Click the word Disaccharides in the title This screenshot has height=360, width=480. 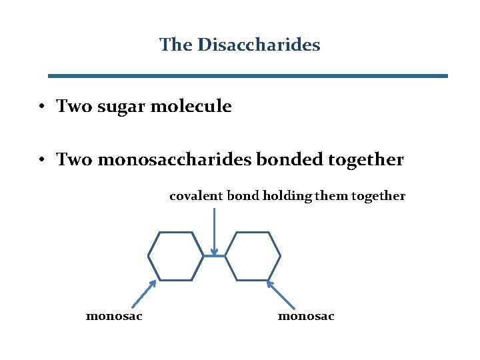(x=259, y=45)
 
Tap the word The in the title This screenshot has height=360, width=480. (x=175, y=45)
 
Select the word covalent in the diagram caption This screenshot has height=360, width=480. (x=196, y=196)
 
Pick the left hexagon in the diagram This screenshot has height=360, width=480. (x=175, y=256)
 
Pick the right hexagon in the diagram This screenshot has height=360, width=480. (x=253, y=256)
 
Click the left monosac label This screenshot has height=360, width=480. (x=114, y=316)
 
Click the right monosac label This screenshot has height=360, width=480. (x=306, y=316)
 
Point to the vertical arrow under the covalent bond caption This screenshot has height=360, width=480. (x=214, y=230)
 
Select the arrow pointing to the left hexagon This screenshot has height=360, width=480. (x=143, y=293)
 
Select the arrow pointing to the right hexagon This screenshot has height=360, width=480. (x=281, y=293)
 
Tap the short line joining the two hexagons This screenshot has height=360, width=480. (x=214, y=255)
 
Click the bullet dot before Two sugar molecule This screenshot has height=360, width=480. (x=41, y=107)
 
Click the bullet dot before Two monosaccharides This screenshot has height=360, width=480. (x=41, y=161)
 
